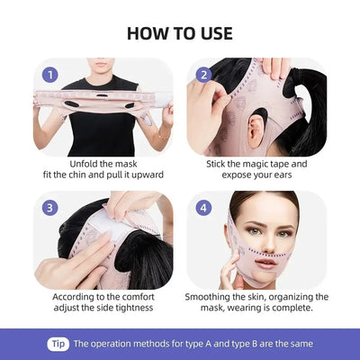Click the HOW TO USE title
180,33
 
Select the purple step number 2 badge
204,76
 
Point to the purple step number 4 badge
204,207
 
